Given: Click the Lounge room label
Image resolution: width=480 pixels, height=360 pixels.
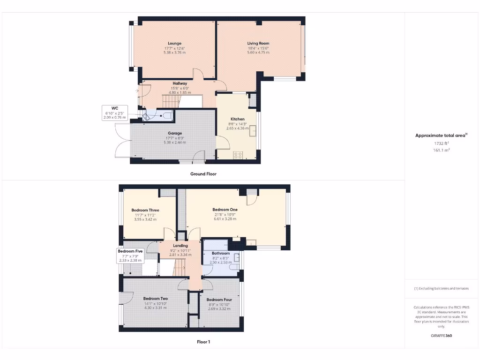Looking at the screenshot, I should tap(174, 43).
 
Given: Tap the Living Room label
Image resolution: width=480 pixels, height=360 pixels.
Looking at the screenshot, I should tap(258, 43).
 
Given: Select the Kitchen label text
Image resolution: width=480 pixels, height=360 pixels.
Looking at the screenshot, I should tap(238, 119).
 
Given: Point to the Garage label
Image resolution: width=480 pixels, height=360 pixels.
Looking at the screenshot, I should tap(175, 133).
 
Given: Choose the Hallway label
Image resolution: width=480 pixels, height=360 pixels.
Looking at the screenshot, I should tap(180, 83).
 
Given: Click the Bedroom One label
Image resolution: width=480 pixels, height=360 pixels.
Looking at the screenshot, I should tap(225, 210).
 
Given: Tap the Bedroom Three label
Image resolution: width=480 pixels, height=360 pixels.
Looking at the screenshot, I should tap(145, 210).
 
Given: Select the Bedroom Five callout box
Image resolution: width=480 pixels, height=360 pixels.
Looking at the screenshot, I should tap(130, 255).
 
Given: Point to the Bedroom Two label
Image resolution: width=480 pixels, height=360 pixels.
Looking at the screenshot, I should tap(156, 299).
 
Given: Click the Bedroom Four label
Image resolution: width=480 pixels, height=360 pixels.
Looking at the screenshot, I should tap(219, 300).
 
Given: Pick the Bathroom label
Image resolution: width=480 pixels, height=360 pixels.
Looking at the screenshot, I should tap(220, 253).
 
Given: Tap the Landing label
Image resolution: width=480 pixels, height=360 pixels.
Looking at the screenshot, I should tap(180, 246).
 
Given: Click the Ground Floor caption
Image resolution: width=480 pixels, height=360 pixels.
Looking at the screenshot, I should tap(203, 174).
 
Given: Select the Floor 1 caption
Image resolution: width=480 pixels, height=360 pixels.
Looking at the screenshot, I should tap(203, 342).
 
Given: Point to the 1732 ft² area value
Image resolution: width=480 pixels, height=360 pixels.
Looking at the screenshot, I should tap(442, 143).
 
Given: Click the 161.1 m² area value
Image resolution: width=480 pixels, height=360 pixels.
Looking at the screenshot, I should tap(442, 150).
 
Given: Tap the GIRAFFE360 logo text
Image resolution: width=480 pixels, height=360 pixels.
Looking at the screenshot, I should tap(442, 336).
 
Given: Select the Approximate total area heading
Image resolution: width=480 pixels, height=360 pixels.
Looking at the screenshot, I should tap(441, 135).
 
